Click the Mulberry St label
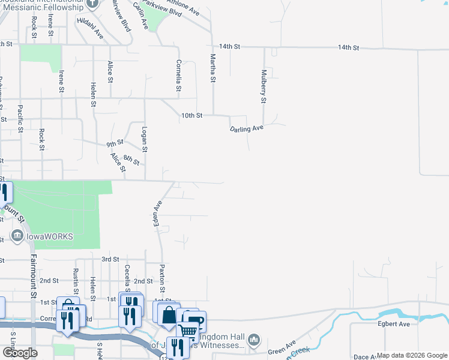point(263,86)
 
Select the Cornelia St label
point(178,76)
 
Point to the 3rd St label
point(110,259)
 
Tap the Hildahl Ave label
point(90,28)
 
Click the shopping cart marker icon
point(188,331)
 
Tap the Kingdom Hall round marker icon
point(254,340)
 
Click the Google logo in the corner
point(20,353)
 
